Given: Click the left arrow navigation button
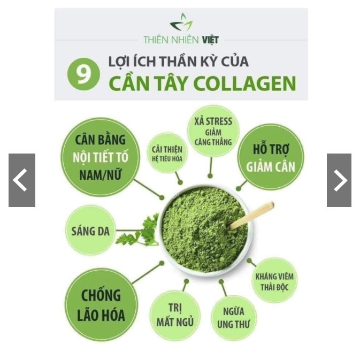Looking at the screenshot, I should pos(21,180).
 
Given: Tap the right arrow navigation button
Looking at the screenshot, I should pos(339,180).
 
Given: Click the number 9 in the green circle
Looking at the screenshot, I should pos(83,74).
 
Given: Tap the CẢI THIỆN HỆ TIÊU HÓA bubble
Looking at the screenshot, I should pos(167,152).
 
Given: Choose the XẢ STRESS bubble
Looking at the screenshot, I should pos(212,130).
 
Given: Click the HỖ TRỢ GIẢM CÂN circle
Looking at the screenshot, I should pos(270,157).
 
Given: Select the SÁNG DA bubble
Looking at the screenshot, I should pos(90,231).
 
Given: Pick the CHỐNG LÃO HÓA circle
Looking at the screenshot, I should pos(101,305).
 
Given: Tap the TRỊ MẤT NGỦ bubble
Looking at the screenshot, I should pos(174,316).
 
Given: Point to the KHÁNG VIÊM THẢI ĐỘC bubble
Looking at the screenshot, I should pos(274,281).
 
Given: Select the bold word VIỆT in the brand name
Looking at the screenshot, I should pos(210,40).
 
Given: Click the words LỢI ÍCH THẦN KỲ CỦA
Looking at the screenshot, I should pos(178,62).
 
